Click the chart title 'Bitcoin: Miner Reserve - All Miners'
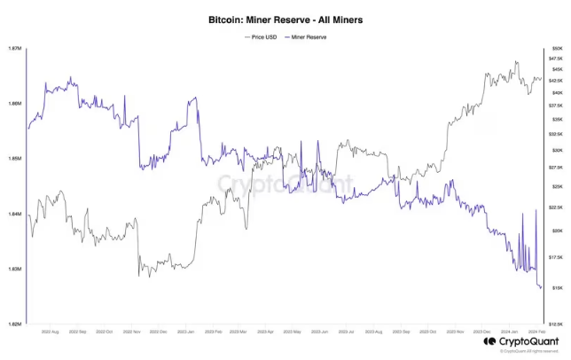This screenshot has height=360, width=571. (x=285, y=18)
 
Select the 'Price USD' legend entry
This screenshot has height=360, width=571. (x=264, y=37)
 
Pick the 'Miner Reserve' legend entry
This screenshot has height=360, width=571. (x=307, y=37)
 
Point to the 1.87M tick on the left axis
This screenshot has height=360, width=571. (x=12, y=48)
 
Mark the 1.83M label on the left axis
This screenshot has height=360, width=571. (x=12, y=269)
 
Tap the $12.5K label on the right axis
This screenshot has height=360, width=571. (x=556, y=325)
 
